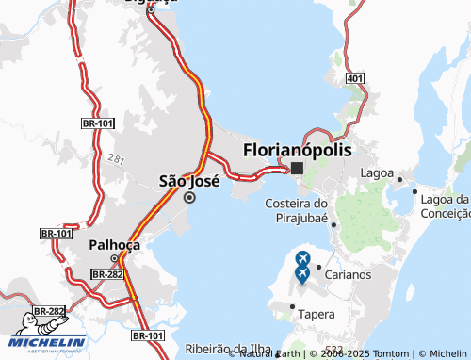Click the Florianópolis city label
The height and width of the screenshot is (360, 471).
click(297, 150)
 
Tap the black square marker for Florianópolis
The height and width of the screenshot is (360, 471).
click(297, 169)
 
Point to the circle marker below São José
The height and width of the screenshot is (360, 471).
click(189, 198)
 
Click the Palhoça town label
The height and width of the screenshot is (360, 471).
click(114, 244)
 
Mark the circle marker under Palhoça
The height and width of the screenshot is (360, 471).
click(115, 258)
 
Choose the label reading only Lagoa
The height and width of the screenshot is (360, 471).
click(377, 173)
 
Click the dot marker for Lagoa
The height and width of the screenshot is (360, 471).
click(400, 179)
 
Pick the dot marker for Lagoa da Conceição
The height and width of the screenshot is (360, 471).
click(415, 192)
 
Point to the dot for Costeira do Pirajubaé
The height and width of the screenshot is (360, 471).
click(333, 224)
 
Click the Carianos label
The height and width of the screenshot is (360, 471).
click(349, 274)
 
